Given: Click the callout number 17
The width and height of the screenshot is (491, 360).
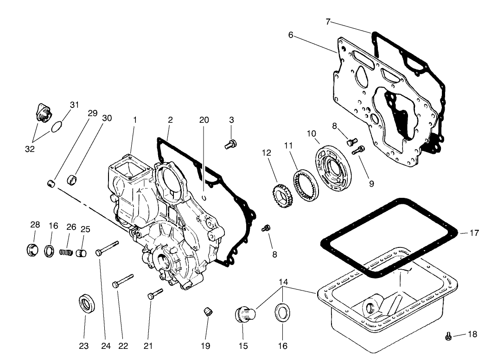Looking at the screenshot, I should click(474, 233).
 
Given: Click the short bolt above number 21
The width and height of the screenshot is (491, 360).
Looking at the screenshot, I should click(155, 294).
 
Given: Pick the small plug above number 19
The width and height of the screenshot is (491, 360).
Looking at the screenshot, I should click(207, 311).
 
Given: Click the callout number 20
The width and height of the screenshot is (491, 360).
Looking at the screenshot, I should click(204, 120).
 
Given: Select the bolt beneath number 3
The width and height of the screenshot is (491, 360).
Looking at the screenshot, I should click(230, 145).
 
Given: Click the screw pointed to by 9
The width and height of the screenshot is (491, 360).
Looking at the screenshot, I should click(359, 150).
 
